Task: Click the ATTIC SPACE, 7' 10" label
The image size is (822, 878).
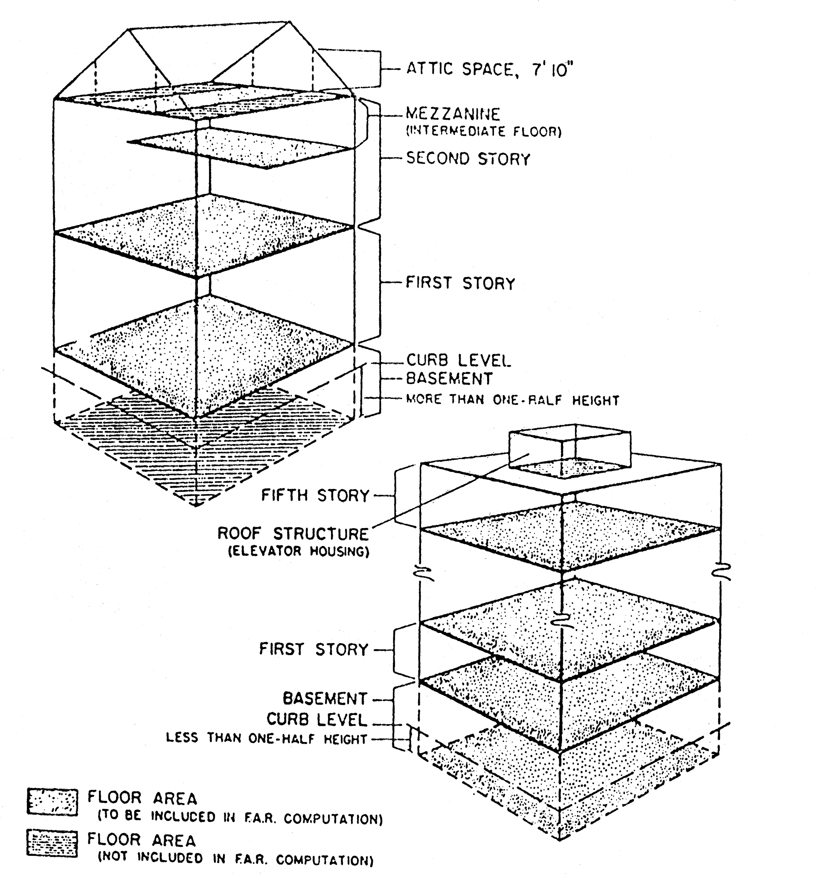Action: tap(489, 69)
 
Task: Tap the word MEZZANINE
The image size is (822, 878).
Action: tap(453, 114)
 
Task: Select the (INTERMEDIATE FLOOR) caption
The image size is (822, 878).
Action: tap(483, 131)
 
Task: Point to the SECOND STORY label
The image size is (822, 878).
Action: tap(468, 159)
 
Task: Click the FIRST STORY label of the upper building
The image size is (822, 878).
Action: tap(461, 283)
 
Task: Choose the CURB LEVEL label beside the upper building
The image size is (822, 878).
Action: tap(458, 361)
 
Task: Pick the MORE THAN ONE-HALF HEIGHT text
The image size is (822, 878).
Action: tap(513, 400)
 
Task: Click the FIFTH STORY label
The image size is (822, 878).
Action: tap(315, 496)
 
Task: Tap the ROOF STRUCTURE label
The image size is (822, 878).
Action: tap(293, 534)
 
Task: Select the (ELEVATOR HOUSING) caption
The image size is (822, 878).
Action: tap(298, 551)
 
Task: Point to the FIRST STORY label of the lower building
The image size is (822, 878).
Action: tap(314, 649)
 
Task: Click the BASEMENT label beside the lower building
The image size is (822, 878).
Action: tap(325, 698)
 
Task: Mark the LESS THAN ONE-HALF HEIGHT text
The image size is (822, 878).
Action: tap(267, 739)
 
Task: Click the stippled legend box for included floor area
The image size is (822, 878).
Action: tap(52, 802)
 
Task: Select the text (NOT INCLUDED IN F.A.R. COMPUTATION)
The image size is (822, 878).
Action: tap(235, 859)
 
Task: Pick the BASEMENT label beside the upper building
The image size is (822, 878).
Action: tap(449, 378)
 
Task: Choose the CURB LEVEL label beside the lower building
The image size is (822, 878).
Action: tap(317, 719)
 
